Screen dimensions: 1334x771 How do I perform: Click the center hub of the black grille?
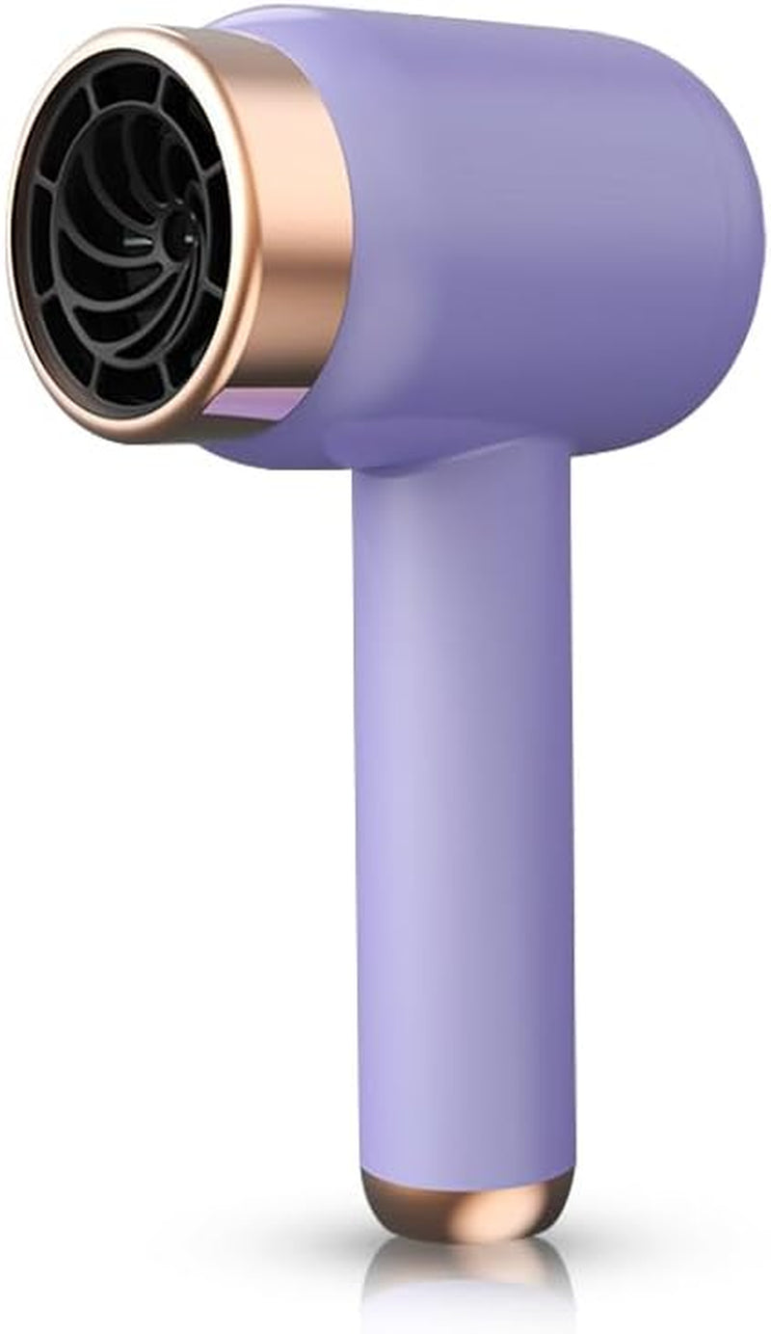tap(180, 234)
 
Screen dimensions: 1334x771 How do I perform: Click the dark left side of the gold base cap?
tap(381, 1195)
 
